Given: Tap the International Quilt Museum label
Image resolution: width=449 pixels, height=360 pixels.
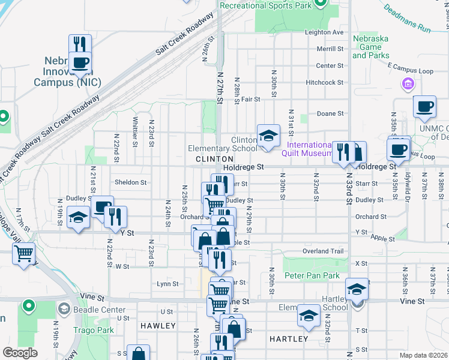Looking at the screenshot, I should (x=310, y=149).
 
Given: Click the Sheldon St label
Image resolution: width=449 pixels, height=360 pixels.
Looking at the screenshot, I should (x=130, y=182).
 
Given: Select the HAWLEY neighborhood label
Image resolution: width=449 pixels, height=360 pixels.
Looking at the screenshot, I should (x=158, y=326).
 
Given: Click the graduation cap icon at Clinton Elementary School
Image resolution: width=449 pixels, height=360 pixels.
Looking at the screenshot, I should (x=268, y=135).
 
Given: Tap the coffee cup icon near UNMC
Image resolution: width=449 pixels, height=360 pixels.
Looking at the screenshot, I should (x=425, y=106).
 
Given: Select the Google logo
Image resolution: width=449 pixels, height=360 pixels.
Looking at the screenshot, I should (x=20, y=352).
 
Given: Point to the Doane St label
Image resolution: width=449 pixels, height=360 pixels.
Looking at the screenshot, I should (x=330, y=113).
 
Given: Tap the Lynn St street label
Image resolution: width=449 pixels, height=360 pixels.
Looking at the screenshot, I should (x=167, y=284).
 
